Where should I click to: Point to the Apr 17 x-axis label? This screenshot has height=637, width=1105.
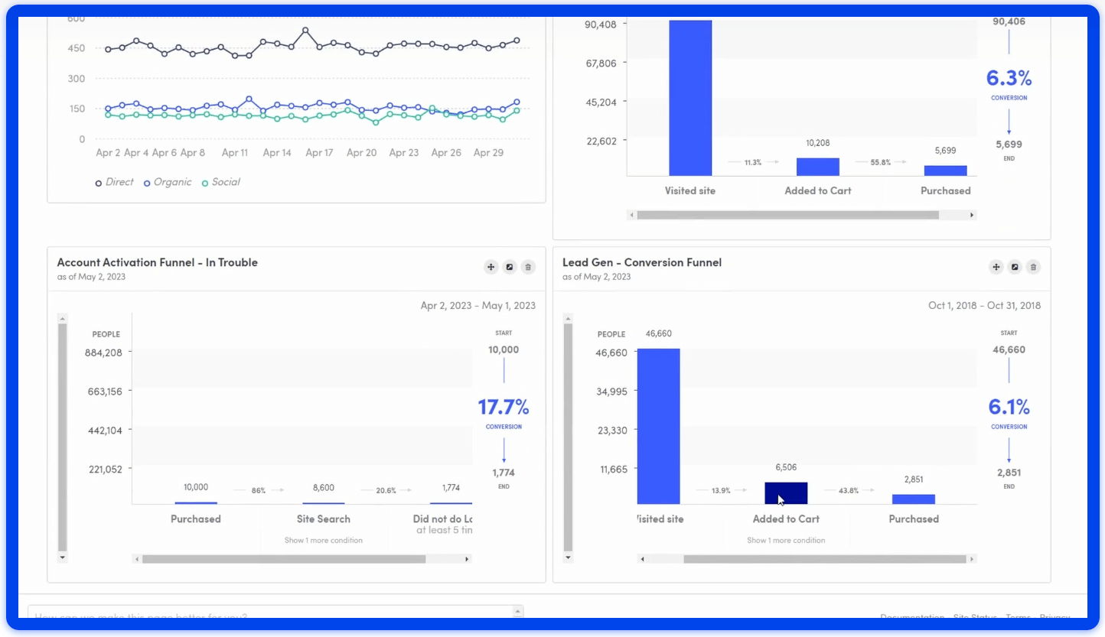[x=319, y=153]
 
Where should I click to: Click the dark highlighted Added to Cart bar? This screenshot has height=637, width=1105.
[x=786, y=493]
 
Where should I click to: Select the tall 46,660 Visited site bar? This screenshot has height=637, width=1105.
[x=658, y=426]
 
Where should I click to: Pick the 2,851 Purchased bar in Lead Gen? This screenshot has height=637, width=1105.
[x=913, y=499]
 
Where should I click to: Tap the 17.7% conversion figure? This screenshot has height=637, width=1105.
[x=504, y=407]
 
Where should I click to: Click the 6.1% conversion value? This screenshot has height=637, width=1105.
[x=1009, y=407]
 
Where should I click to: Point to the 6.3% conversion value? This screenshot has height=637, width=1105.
[x=1009, y=78]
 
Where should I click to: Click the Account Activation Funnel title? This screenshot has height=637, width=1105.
[x=157, y=262]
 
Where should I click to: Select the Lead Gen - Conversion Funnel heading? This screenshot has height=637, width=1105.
[x=641, y=262]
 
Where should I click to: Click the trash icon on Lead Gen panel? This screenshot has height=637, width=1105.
[x=1033, y=267]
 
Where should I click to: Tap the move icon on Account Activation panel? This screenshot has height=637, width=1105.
[x=491, y=267]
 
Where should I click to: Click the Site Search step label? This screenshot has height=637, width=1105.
[x=323, y=518]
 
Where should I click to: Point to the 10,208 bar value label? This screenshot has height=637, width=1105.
[x=817, y=143]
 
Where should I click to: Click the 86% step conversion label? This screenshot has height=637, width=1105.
[x=258, y=490]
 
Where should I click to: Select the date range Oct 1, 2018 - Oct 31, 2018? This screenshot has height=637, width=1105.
[x=984, y=305]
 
